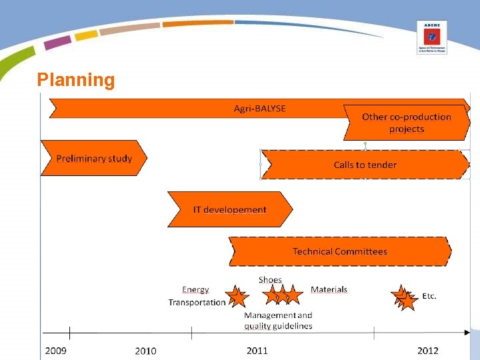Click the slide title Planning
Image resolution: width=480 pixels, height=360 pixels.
76,80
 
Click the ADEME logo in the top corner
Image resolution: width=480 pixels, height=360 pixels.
431,37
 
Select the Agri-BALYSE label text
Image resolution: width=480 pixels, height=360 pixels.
259,108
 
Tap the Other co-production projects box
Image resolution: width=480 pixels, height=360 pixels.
406,123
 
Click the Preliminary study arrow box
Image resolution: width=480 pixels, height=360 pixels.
93,159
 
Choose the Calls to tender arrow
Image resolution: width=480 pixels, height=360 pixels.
365,165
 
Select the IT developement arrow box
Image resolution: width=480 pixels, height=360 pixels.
229,209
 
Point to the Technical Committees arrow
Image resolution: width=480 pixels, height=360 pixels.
339,251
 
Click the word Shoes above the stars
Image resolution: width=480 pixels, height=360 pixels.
270,280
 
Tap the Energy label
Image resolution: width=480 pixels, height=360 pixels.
195,289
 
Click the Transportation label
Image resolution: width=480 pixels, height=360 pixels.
197,303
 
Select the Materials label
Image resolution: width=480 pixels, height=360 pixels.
329,289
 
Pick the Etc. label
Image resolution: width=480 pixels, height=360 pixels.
429,296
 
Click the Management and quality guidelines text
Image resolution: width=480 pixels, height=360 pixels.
278,321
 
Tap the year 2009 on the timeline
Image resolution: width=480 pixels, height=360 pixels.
55,351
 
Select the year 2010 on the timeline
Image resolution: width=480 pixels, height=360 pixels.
145,351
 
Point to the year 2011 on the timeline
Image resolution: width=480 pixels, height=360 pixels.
257,351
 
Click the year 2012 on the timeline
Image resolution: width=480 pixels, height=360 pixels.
428,351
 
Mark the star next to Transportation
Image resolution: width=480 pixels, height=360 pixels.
236,296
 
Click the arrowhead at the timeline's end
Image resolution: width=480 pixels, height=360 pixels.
467,332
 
